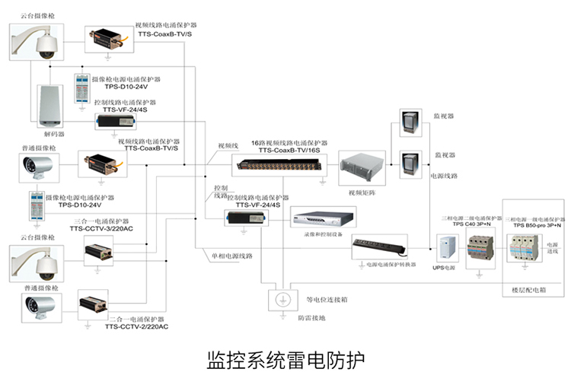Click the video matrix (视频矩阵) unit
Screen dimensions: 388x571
[357, 169]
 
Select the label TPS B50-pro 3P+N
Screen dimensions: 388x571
[537, 225]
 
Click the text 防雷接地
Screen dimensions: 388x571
[311, 317]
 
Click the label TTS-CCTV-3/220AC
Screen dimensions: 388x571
[101, 228]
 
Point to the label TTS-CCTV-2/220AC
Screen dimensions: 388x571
[137, 326]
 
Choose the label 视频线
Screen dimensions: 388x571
[228, 145]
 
